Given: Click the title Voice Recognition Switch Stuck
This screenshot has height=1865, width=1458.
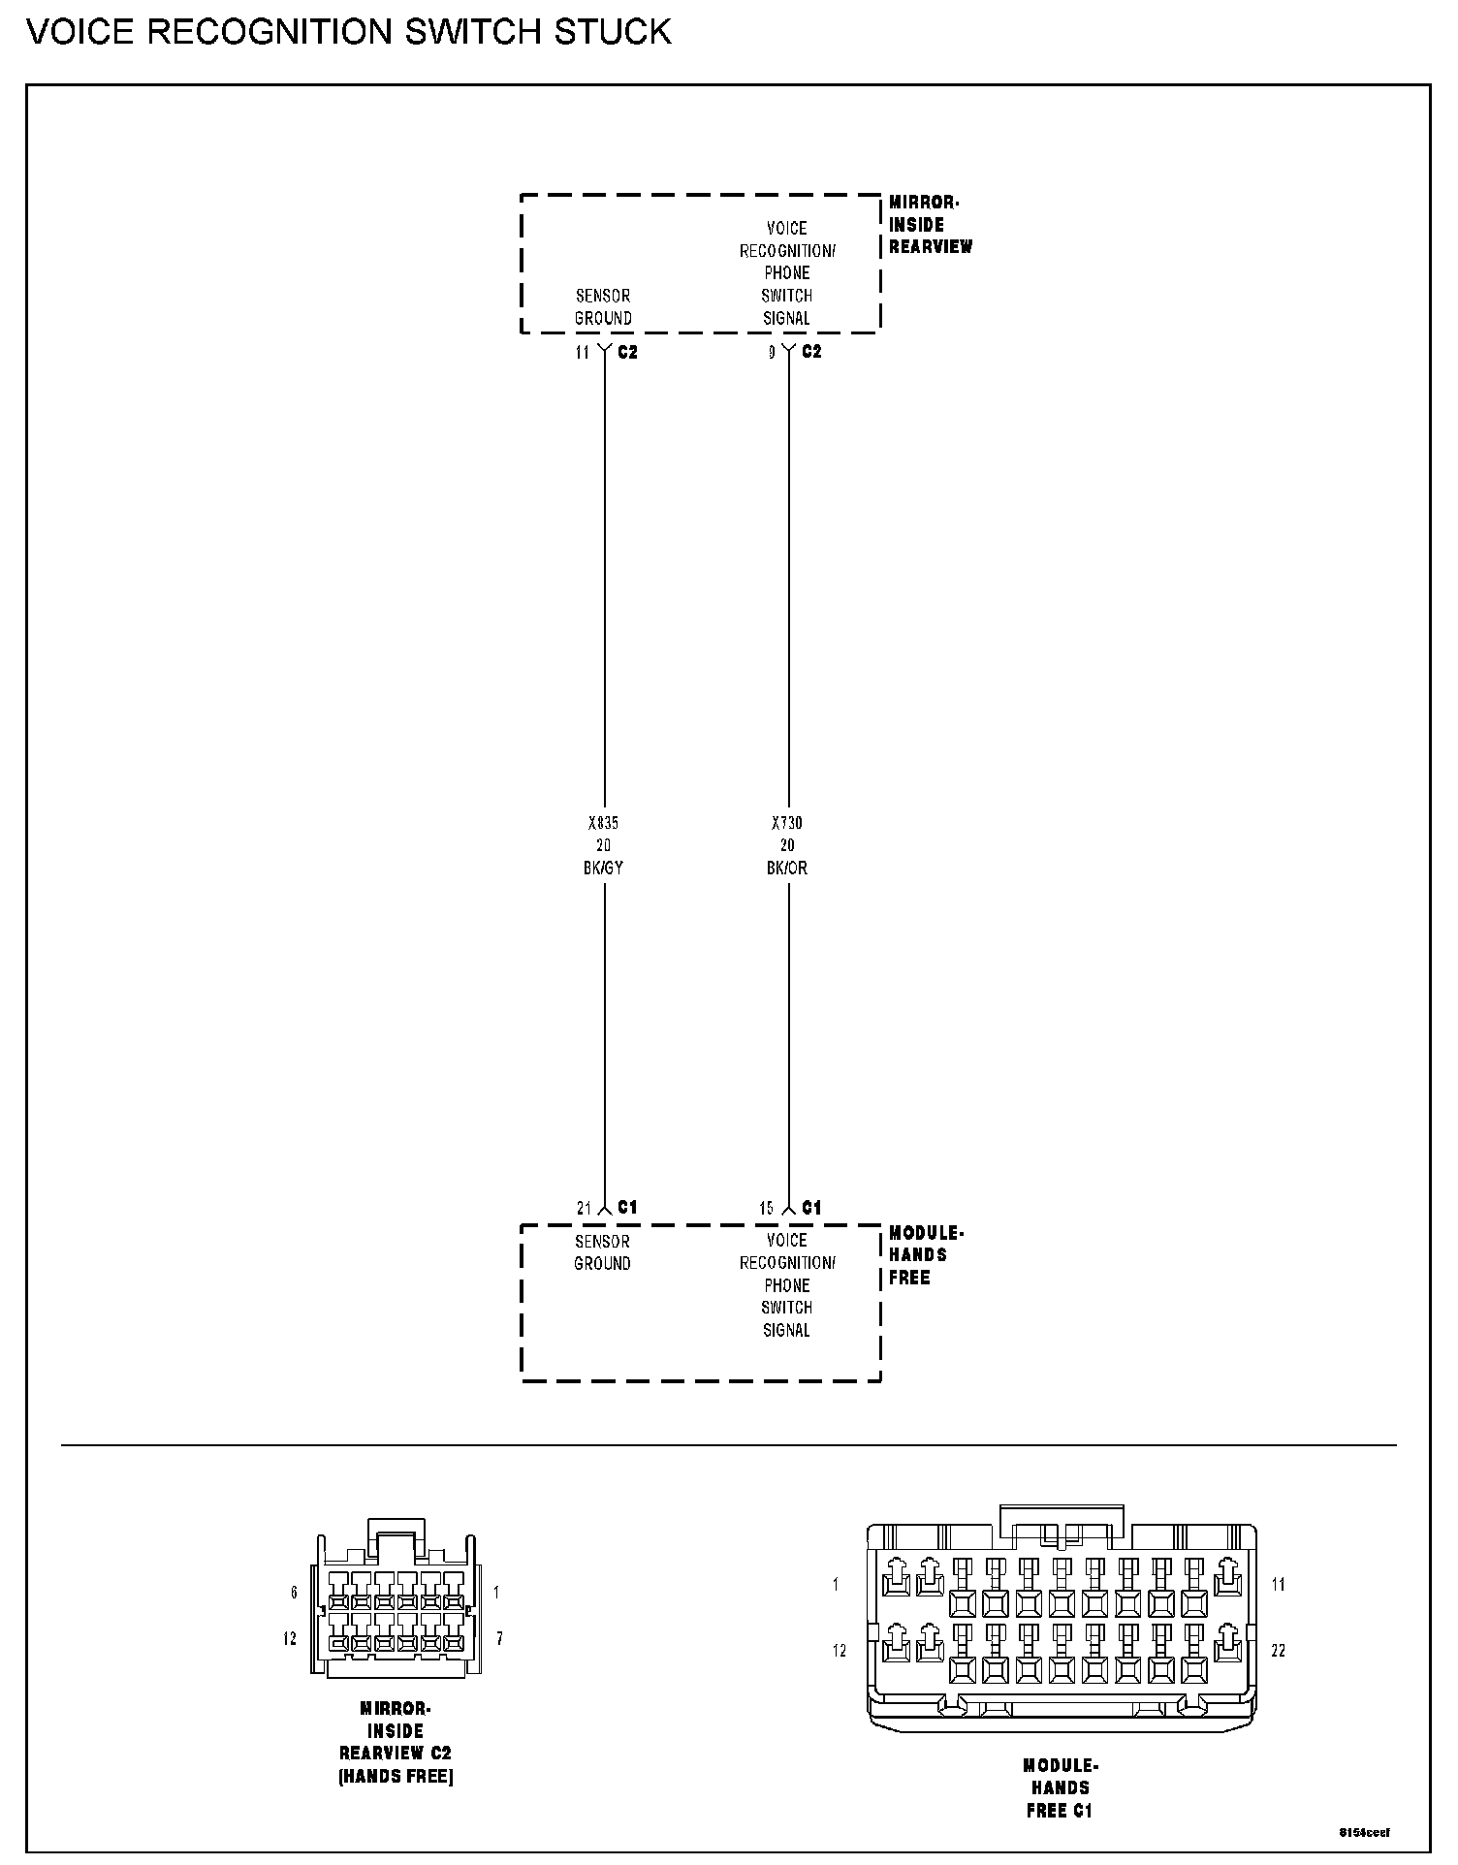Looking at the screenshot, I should click(x=349, y=32).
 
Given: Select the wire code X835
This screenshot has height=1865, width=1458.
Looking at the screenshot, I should click(x=603, y=823).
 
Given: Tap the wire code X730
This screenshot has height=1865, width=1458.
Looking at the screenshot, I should click(x=786, y=823).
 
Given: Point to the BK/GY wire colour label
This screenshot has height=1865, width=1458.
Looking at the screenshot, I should click(x=603, y=869).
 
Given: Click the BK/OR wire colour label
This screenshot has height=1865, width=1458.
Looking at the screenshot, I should click(x=786, y=869).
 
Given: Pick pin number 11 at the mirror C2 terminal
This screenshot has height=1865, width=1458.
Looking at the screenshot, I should click(x=582, y=353).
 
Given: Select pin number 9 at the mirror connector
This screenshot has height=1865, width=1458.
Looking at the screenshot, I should click(x=772, y=353).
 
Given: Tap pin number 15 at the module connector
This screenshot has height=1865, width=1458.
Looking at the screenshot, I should click(x=766, y=1209).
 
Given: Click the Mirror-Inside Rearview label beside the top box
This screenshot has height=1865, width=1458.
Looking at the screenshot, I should click(x=930, y=225).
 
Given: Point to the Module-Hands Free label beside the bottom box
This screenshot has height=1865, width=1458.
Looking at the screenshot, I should click(x=925, y=1255).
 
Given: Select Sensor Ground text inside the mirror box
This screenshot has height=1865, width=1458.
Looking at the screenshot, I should click(x=603, y=307).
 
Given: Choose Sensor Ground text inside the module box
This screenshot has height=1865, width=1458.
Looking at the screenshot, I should click(x=602, y=1252).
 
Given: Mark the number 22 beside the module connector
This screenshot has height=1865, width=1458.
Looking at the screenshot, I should click(x=1278, y=1650).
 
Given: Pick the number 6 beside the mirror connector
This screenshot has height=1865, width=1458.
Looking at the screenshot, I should click(x=294, y=1593).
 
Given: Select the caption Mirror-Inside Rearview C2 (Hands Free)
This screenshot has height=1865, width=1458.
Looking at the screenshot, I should click(x=396, y=1742).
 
